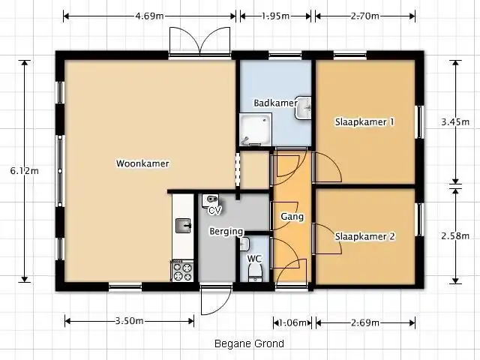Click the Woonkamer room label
(x=142, y=163)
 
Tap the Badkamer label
(x=275, y=103)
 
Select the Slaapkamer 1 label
(x=364, y=121)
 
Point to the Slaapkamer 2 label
(x=365, y=236)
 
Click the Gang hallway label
(x=292, y=217)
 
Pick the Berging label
(x=226, y=232)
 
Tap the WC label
(x=254, y=259)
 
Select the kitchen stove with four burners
(x=182, y=271)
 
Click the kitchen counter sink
(x=183, y=226)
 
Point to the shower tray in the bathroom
(x=256, y=130)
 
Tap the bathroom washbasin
(x=303, y=108)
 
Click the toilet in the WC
(x=255, y=273)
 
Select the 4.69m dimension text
(x=149, y=16)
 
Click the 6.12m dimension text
(x=25, y=171)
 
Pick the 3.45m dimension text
(x=455, y=121)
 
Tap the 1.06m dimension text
(x=292, y=322)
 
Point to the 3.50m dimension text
(x=129, y=321)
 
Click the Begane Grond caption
(x=249, y=343)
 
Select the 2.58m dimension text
(x=455, y=235)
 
